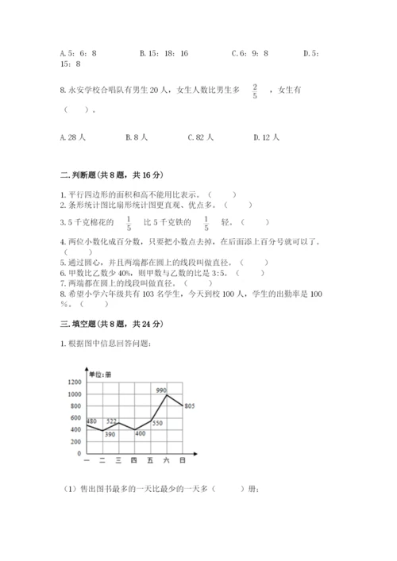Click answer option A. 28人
coord(74,137)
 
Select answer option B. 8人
coord(137,137)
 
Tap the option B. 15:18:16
coord(164,53)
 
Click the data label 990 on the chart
coord(161,390)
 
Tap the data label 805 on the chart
coord(190,406)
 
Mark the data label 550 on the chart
coord(157,423)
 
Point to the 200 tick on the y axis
coord(77,442)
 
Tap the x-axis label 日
coord(183,460)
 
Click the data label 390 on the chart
coord(110,434)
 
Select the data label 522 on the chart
coord(112,421)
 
